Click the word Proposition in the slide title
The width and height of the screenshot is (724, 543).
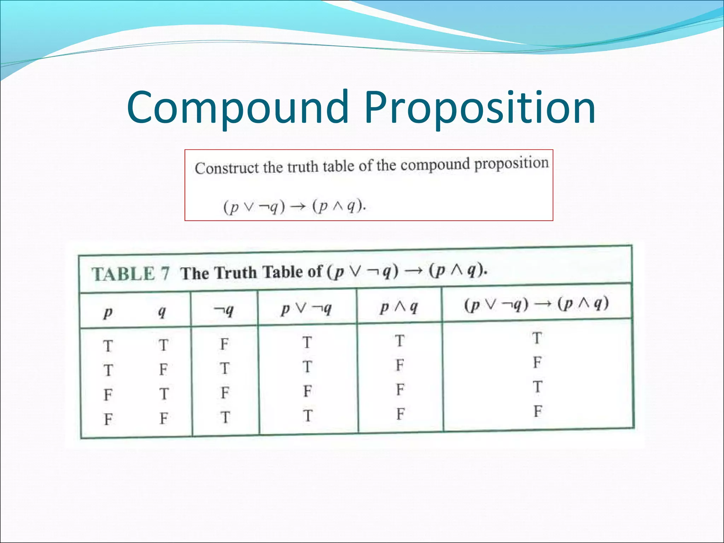point(480,108)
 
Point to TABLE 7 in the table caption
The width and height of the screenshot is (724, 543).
point(130,274)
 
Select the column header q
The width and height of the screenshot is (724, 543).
point(162,311)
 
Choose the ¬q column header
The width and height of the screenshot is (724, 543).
point(224,310)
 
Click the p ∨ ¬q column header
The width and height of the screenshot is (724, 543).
point(306,309)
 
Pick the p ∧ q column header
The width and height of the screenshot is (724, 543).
point(399,307)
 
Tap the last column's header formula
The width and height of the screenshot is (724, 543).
point(536,304)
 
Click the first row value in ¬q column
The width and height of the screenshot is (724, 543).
point(224,344)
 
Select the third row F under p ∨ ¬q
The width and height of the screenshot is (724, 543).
point(307,391)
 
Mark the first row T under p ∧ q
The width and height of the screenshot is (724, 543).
point(399,341)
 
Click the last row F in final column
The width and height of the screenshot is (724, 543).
point(538,411)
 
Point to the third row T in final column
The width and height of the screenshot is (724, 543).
point(537,387)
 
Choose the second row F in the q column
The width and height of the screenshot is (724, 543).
point(163,369)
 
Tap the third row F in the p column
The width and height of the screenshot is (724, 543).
point(108,395)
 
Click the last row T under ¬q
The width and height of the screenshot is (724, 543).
point(225,418)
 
